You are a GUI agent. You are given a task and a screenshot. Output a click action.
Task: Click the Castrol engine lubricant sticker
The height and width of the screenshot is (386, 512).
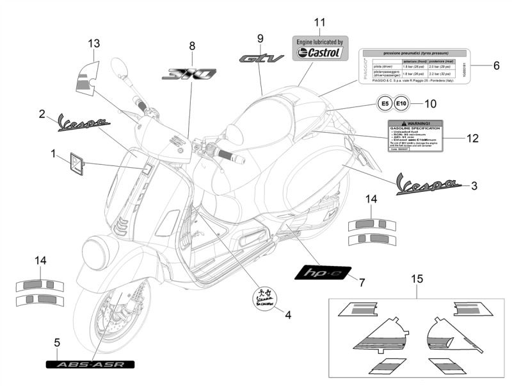(320, 48)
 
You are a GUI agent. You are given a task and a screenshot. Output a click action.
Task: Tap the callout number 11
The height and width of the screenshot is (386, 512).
(319, 22)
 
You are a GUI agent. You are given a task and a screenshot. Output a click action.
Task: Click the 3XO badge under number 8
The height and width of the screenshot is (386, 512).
(189, 74)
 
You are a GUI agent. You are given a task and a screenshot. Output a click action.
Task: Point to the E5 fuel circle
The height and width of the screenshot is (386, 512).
(382, 103)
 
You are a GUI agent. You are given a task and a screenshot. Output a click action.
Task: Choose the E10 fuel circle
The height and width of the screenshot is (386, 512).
(400, 103)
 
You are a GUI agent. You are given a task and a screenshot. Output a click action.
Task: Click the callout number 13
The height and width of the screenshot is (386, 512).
(94, 44)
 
